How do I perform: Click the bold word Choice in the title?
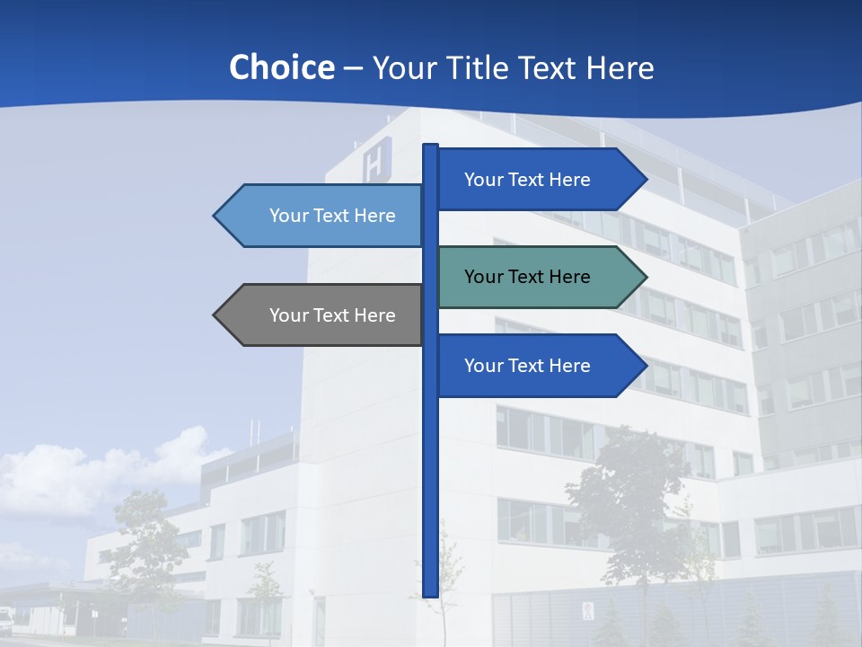coord(281,67)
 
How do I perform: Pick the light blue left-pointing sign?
coord(323,216)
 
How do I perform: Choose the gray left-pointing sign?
coord(323,315)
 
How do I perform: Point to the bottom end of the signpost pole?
coord(430,593)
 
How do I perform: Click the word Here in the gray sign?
coord(374,315)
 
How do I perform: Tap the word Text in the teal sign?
coord(527,277)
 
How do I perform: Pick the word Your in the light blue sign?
coord(289,216)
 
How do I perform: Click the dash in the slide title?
coord(353,68)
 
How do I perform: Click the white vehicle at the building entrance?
coord(6,619)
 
